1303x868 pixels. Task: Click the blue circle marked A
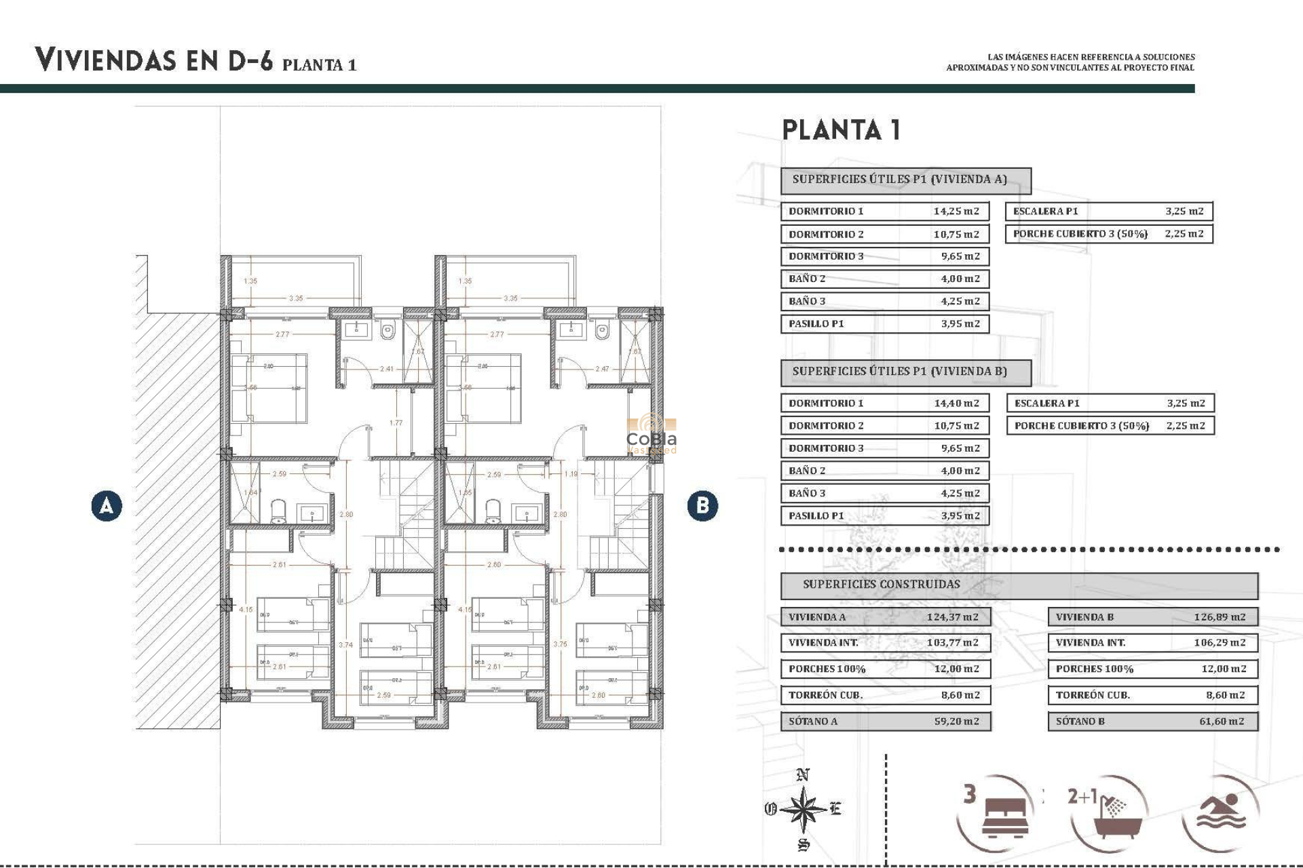pyautogui.click(x=107, y=506)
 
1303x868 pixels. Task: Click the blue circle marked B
pyautogui.click(x=702, y=506)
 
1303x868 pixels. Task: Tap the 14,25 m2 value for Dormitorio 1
pyautogui.click(x=956, y=211)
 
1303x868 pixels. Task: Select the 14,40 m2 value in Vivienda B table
pyautogui.click(x=956, y=403)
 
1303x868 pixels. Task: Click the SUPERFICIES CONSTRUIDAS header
pyautogui.click(x=881, y=585)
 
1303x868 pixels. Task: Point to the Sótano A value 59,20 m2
pyautogui.click(x=956, y=722)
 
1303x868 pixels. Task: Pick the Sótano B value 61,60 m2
pyautogui.click(x=1221, y=722)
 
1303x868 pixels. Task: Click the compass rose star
pyautogui.click(x=804, y=809)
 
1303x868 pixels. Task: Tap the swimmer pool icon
pyautogui.click(x=1221, y=811)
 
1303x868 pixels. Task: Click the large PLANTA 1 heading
pyautogui.click(x=841, y=130)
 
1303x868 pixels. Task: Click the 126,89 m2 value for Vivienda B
pyautogui.click(x=1219, y=617)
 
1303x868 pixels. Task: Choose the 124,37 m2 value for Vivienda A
pyautogui.click(x=952, y=617)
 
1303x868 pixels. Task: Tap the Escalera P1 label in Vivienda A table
pyautogui.click(x=1045, y=211)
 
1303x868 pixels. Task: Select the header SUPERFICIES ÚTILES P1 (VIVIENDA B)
pyautogui.click(x=899, y=372)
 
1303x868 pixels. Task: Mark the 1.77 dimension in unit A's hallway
pyautogui.click(x=396, y=422)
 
